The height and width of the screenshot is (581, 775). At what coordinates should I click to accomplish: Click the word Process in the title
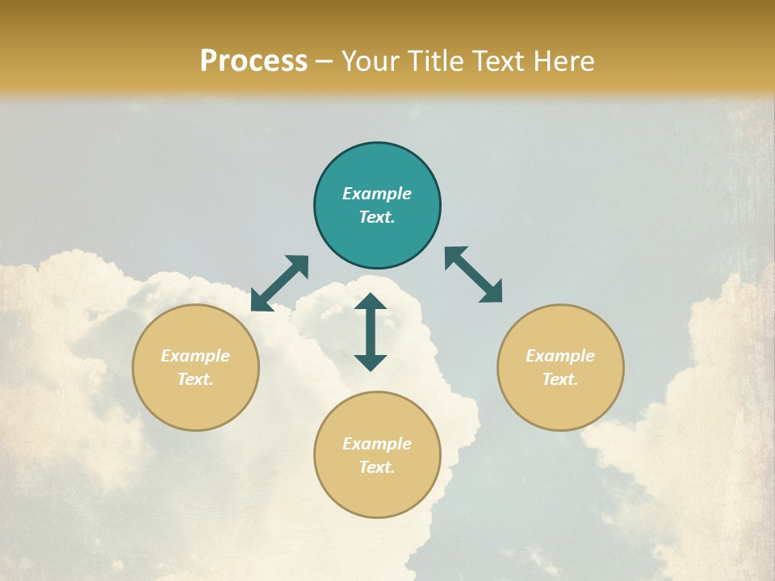[x=253, y=61]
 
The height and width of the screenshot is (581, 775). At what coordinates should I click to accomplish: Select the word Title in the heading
[x=437, y=61]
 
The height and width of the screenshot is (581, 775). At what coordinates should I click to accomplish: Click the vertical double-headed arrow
[x=371, y=332]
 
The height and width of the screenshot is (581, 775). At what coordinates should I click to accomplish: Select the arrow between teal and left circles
[x=279, y=283]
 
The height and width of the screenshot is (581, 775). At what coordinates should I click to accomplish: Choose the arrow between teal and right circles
[x=474, y=274]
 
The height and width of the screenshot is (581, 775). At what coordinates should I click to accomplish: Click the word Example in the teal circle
[x=377, y=194]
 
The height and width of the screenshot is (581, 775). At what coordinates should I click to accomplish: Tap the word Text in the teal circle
[x=377, y=217]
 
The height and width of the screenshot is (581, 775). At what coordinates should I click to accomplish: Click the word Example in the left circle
[x=195, y=356]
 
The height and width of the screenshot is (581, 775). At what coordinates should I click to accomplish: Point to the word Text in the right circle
[x=560, y=379]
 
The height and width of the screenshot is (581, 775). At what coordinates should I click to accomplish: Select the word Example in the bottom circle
[x=377, y=444]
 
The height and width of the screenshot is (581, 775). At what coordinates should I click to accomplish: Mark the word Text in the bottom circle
[x=377, y=467]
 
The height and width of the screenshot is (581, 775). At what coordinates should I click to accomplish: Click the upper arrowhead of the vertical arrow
[x=371, y=302]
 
